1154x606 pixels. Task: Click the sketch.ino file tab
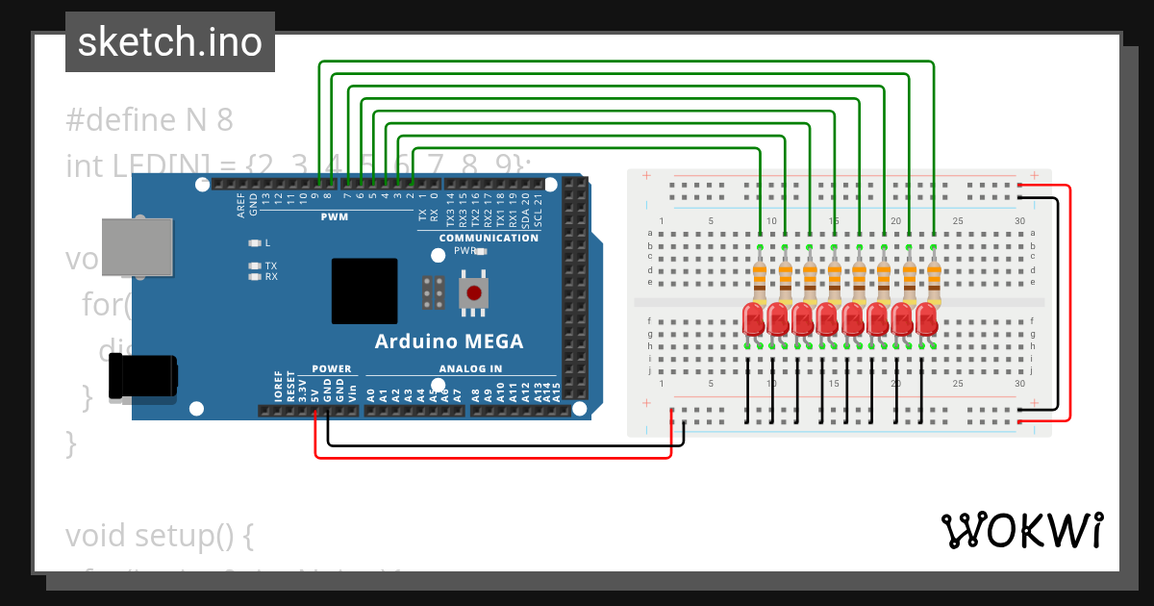click(x=170, y=42)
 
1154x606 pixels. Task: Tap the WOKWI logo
click(x=1021, y=530)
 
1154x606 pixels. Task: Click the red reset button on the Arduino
click(x=473, y=292)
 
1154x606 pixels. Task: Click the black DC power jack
click(x=143, y=376)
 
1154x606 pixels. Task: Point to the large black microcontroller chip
click(x=364, y=290)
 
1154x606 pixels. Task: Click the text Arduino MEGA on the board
click(x=448, y=341)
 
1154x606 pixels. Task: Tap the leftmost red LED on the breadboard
click(x=754, y=318)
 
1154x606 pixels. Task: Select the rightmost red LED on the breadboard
click(x=926, y=318)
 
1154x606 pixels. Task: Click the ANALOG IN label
click(x=470, y=368)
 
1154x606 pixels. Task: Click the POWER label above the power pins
click(x=332, y=368)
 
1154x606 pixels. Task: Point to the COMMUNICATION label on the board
click(x=489, y=238)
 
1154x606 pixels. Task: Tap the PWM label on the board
click(x=335, y=217)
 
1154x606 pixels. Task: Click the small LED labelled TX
click(x=255, y=265)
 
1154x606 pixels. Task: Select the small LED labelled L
click(x=255, y=242)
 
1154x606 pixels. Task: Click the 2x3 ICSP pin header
click(x=433, y=292)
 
